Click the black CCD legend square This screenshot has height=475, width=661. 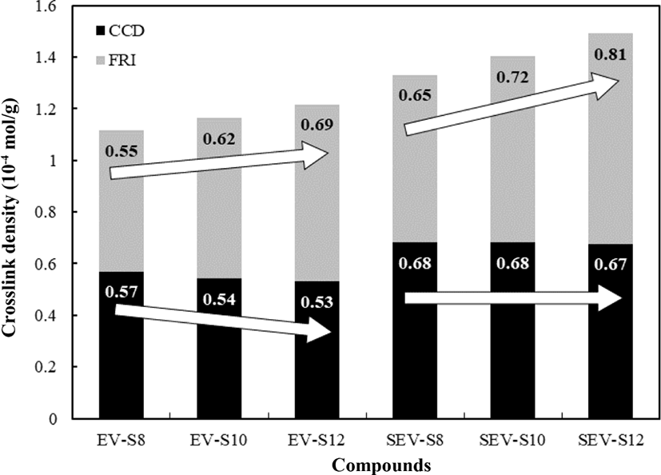pyautogui.click(x=101, y=30)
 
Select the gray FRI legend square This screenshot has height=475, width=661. pyautogui.click(x=101, y=61)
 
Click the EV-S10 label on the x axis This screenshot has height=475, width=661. pyautogui.click(x=219, y=441)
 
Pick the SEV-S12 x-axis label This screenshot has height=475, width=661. pyautogui.click(x=611, y=441)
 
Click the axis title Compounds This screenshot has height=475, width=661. pyautogui.click(x=382, y=465)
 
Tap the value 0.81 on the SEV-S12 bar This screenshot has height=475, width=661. pyautogui.click(x=611, y=54)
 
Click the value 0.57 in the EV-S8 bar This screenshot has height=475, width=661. pyautogui.click(x=121, y=292)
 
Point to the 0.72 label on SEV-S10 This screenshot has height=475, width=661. pyautogui.click(x=512, y=78)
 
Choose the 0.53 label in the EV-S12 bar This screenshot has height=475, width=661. pyautogui.click(x=317, y=302)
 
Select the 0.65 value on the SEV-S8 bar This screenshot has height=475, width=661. pyautogui.click(x=415, y=95)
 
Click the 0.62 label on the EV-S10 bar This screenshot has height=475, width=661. pyautogui.click(x=219, y=139)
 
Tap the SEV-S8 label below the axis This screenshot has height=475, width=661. pyautogui.click(x=415, y=441)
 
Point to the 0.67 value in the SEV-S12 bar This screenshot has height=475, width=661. pyautogui.click(x=611, y=265)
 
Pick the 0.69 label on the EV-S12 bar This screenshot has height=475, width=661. pyautogui.click(x=317, y=125)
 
